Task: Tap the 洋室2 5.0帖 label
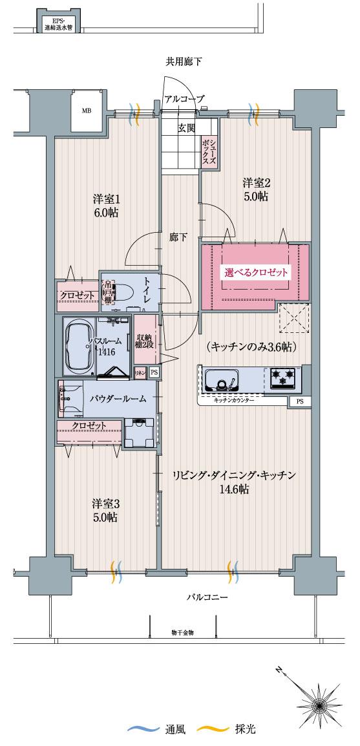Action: coord(256,189)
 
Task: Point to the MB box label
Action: coord(86,111)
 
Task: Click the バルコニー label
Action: coord(207,598)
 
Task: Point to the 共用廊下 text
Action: coord(184,62)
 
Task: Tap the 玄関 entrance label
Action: coord(187,127)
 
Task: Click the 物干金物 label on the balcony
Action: coord(183,632)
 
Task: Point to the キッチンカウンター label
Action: coord(233,401)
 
